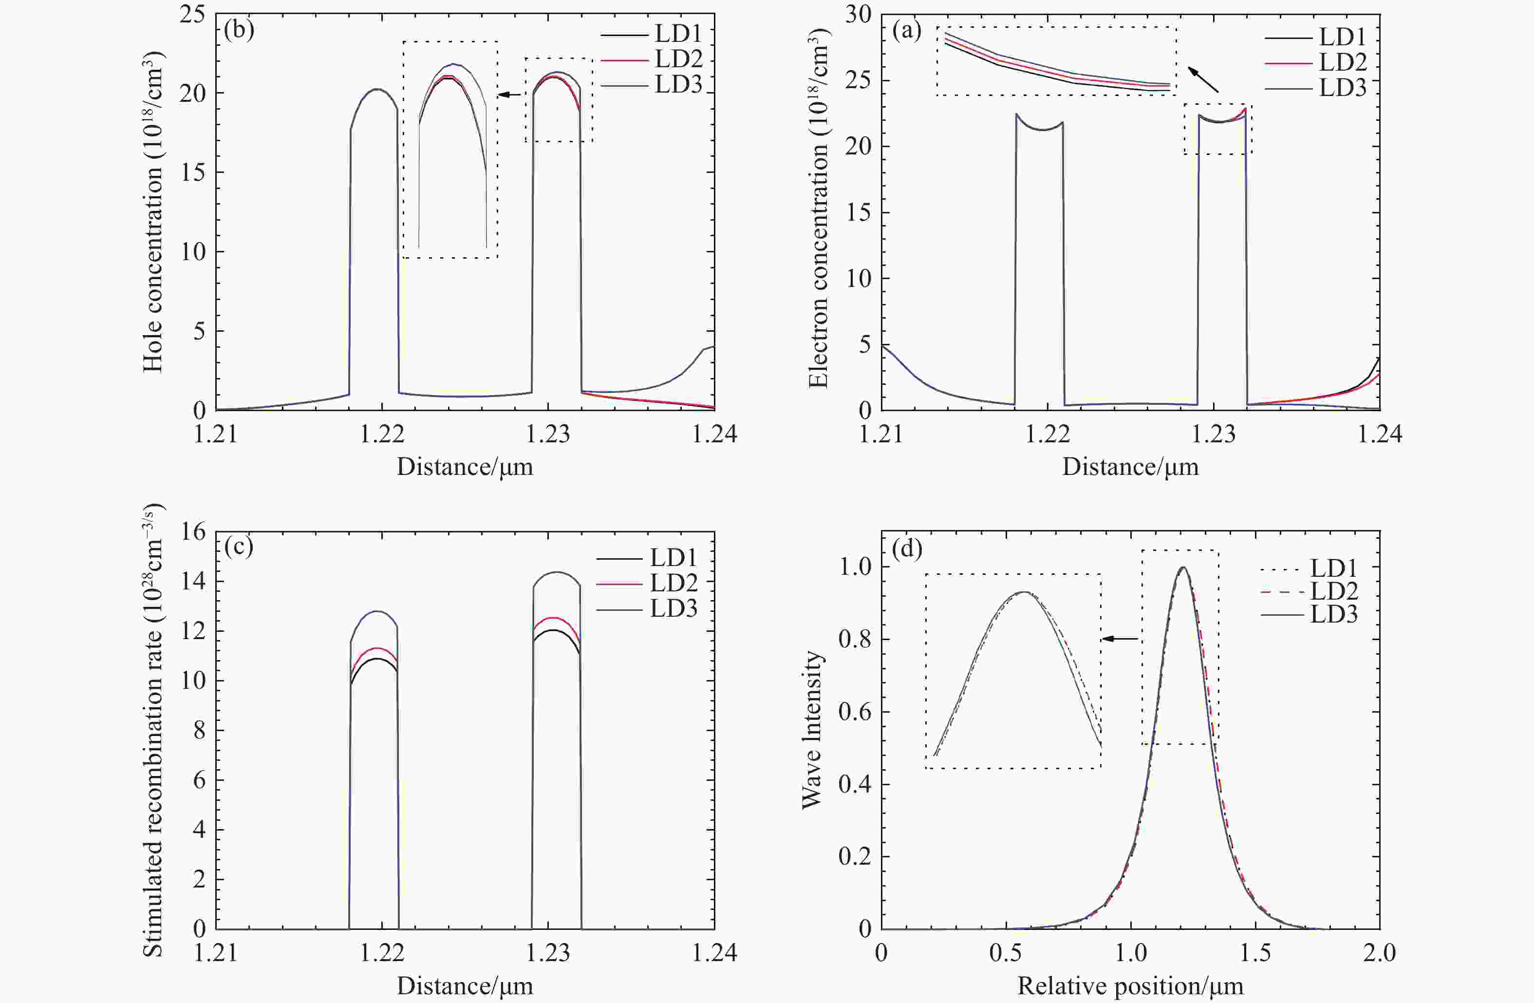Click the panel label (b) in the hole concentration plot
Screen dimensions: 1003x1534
[239, 30]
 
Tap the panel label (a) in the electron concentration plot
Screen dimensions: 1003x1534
[906, 30]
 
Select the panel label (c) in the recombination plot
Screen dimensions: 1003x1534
[239, 547]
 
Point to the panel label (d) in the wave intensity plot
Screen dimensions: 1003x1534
[906, 549]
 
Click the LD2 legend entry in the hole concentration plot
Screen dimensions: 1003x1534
[678, 59]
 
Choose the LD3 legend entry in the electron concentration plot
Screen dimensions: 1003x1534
[1343, 88]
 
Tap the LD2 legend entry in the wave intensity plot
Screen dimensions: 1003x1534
[1333, 591]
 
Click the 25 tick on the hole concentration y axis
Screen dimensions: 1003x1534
[192, 14]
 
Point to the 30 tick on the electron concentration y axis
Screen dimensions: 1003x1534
[857, 14]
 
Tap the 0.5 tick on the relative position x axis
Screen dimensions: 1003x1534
[1006, 953]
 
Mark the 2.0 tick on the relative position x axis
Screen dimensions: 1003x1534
[1379, 953]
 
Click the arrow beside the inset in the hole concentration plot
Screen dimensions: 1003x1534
[510, 95]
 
